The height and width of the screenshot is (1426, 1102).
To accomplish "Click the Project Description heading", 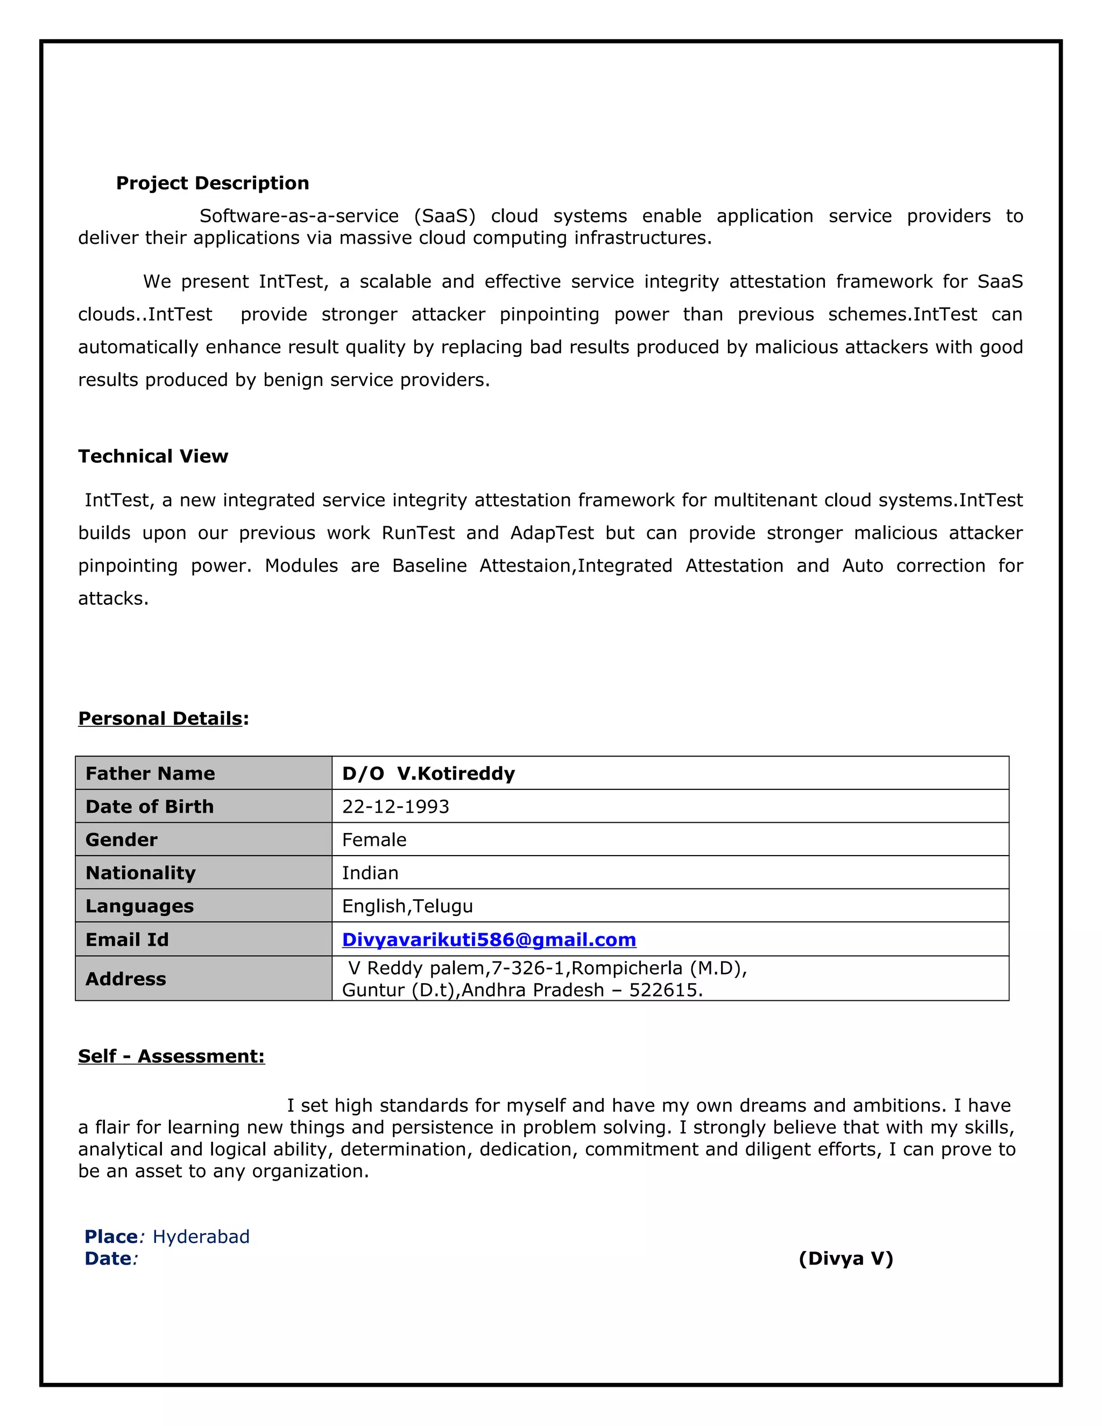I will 212,183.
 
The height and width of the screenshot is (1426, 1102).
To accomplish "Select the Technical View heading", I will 153,456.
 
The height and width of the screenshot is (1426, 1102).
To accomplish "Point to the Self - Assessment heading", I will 171,1056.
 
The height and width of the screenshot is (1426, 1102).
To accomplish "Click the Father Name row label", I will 150,773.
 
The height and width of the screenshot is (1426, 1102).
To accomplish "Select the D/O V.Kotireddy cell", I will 428,773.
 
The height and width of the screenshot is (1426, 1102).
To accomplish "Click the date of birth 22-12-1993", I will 395,807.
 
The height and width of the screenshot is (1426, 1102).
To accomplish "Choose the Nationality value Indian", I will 370,873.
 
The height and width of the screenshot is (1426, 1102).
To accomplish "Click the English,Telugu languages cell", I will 407,906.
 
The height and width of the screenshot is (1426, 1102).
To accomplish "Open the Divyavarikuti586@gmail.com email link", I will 489,940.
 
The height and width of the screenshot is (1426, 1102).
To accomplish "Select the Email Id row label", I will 128,940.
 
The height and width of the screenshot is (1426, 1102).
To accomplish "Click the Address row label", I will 126,979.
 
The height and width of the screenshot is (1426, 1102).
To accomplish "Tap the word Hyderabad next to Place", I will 201,1237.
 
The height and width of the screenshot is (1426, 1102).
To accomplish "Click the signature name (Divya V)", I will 845,1258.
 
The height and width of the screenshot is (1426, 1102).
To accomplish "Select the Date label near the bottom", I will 108,1258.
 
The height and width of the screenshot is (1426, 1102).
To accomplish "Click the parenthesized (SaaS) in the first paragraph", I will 444,216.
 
